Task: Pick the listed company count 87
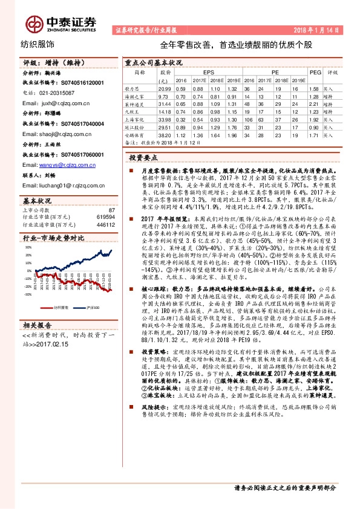click(x=111, y=209)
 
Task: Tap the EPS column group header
click(x=209, y=71)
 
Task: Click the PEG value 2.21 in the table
click(x=313, y=103)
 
